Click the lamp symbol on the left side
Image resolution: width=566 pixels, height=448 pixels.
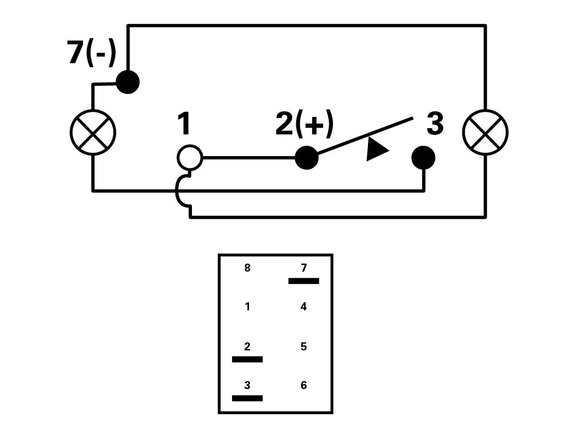tap(93, 133)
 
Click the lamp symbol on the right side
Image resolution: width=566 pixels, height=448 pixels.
tap(485, 133)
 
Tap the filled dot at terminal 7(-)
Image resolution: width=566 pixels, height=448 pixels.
tap(127, 82)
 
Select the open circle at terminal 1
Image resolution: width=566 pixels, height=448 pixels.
tap(190, 158)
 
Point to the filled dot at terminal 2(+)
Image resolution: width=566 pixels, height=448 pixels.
tap(307, 158)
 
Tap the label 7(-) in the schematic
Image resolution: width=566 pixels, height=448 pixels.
tap(92, 53)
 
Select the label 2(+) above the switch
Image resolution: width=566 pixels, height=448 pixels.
tap(304, 124)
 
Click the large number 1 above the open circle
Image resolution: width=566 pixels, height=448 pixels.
tap(184, 124)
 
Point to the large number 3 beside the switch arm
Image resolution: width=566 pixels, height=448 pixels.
tap(434, 124)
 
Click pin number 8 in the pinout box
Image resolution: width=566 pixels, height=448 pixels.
tap(248, 268)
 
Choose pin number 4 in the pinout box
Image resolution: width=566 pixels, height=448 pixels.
tap(303, 307)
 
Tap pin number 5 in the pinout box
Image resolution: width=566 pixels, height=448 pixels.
tap(303, 347)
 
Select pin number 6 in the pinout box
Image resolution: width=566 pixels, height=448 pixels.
tap(303, 385)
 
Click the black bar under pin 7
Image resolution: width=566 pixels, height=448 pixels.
tap(303, 281)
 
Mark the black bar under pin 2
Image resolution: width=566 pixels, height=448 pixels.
tap(247, 359)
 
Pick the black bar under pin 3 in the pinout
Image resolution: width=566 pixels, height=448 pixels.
tap(247, 398)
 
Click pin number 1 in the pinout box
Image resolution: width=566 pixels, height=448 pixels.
tap(248, 307)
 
